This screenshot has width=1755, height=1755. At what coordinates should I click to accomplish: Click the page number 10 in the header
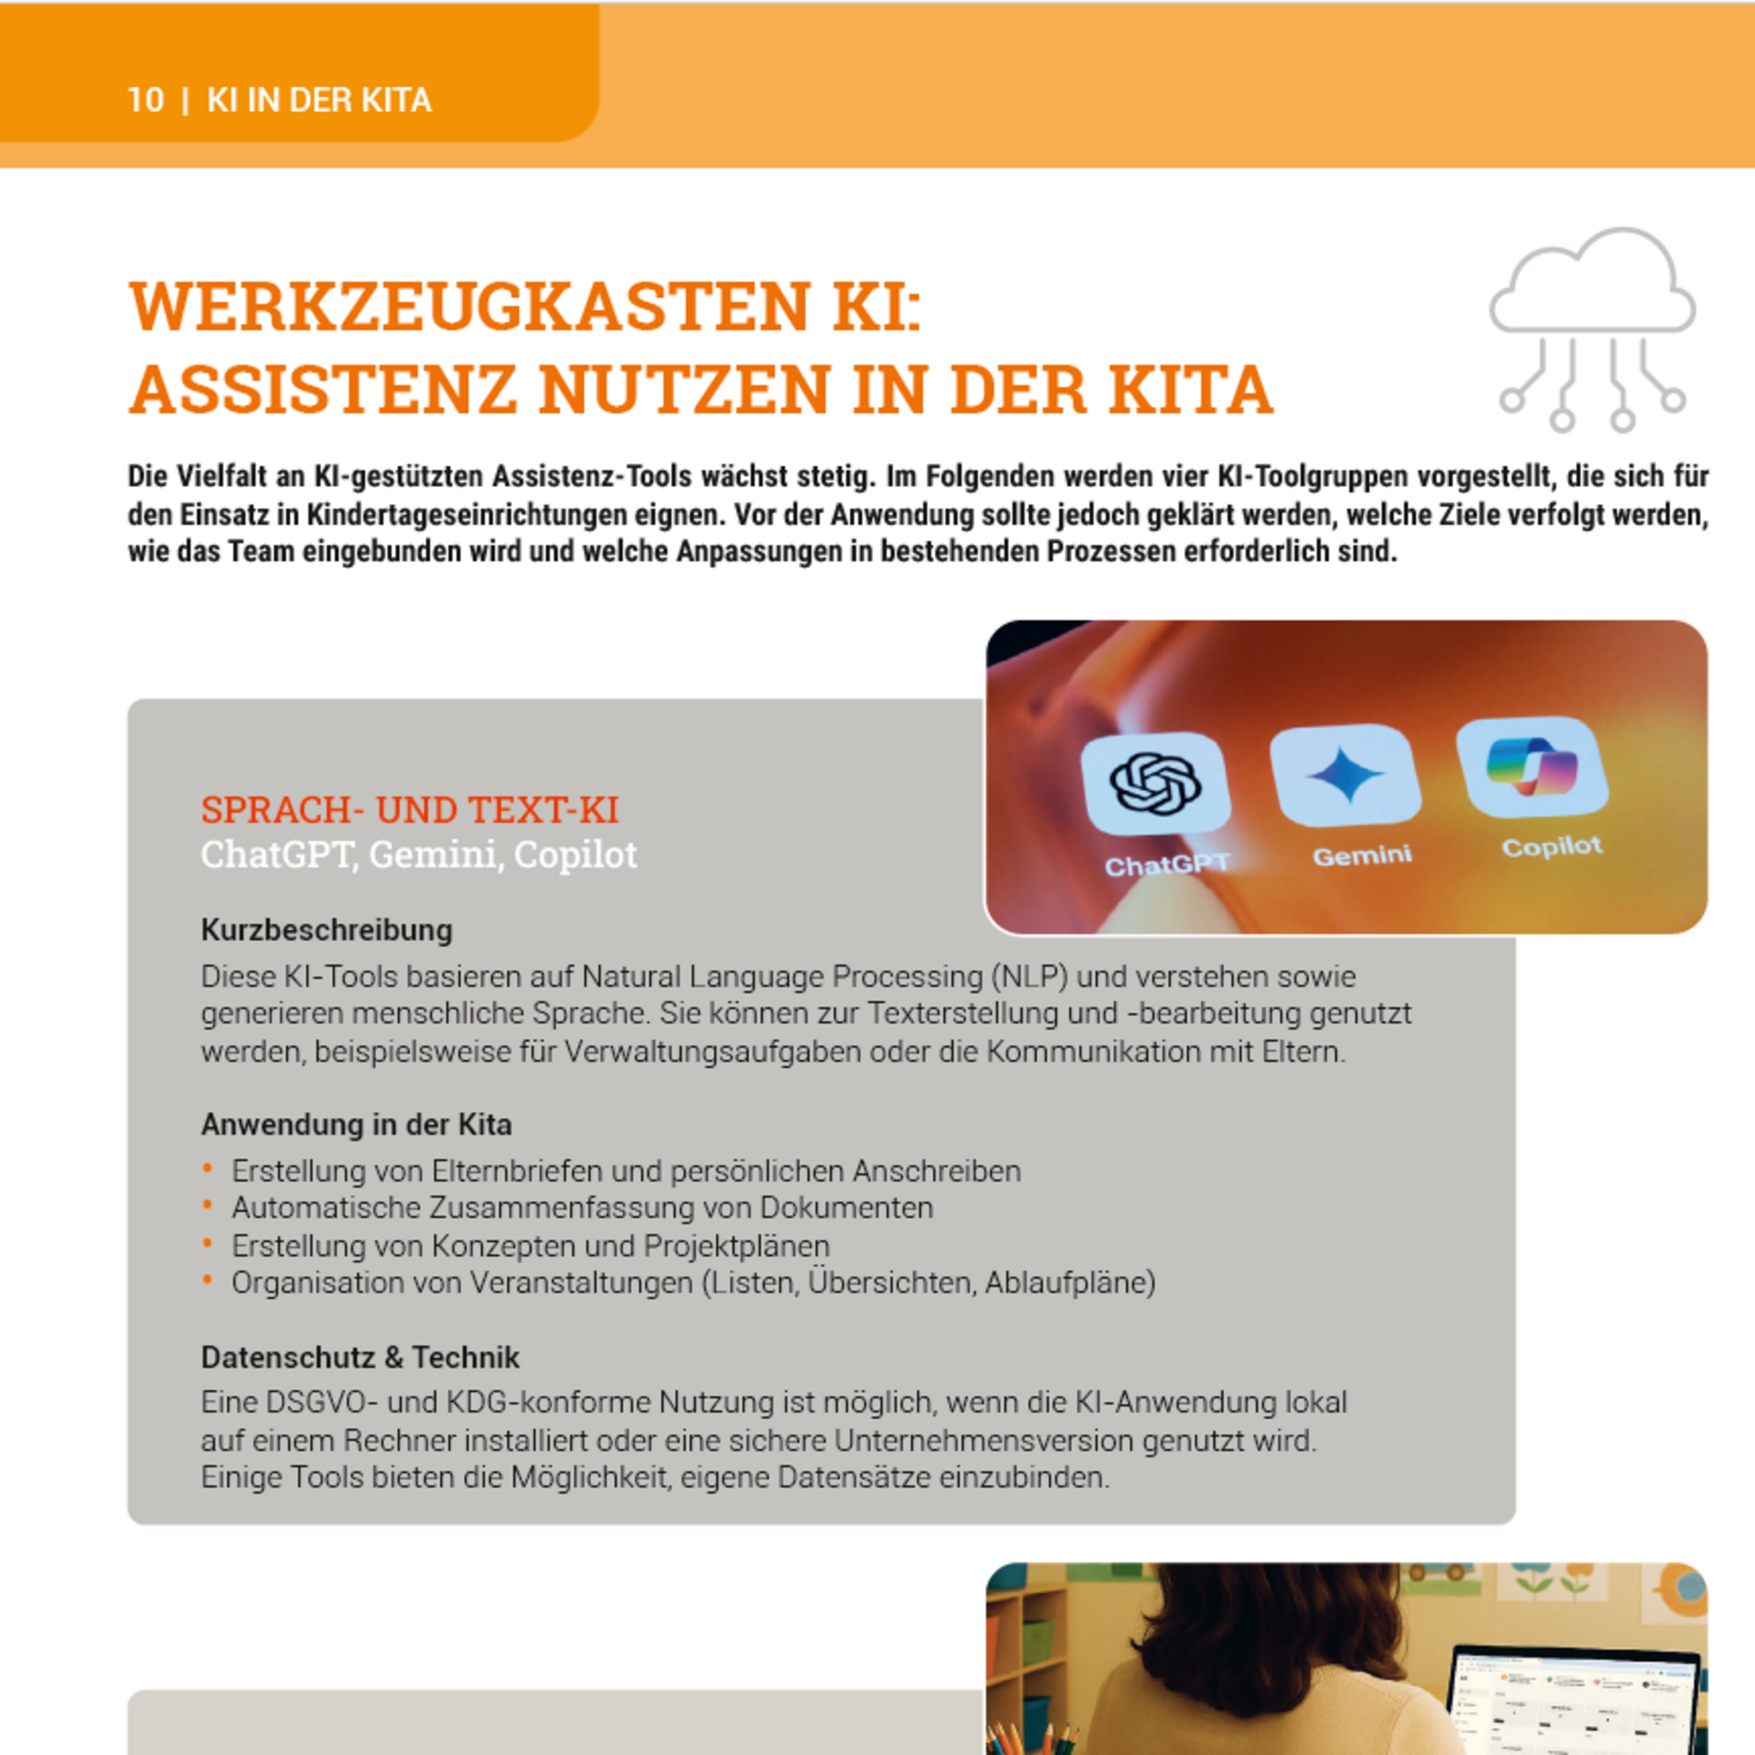click(145, 101)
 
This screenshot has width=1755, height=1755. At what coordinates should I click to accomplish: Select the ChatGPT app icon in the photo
click(1155, 782)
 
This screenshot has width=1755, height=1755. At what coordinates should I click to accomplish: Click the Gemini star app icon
click(1345, 773)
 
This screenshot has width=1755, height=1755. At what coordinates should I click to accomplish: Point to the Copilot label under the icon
click(1551, 847)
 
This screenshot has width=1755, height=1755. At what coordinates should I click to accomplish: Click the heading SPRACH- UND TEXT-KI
click(409, 810)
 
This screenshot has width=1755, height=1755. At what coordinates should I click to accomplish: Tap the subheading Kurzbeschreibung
click(326, 931)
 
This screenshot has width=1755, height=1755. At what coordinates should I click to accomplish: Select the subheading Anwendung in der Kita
click(356, 1124)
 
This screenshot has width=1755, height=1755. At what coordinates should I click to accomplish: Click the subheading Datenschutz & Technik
click(359, 1357)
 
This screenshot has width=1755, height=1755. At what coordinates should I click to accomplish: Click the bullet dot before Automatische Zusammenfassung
click(207, 1207)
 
